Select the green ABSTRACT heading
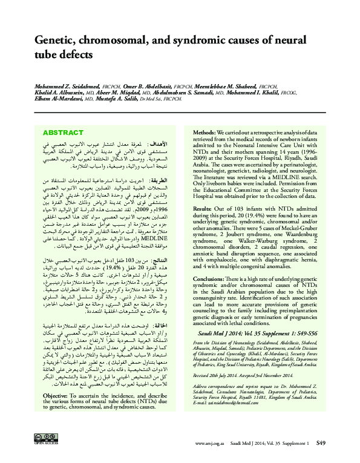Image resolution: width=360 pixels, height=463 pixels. (x=63, y=133)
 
